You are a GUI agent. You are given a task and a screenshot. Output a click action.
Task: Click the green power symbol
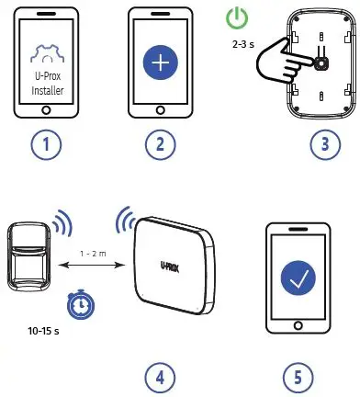click(x=238, y=18)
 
